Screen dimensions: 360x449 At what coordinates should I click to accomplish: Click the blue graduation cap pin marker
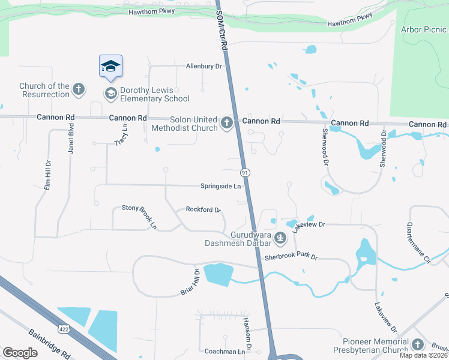coord(110,65)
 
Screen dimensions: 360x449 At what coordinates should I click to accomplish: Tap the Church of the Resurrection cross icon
coord(79,91)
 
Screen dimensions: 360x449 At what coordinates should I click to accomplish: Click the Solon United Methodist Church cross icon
coord(226,124)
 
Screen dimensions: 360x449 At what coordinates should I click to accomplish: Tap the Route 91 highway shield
coord(245,173)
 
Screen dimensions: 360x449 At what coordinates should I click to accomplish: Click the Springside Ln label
coord(220,187)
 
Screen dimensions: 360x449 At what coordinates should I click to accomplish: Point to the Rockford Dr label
coord(203,210)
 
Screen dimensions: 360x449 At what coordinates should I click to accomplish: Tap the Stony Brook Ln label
coord(139,217)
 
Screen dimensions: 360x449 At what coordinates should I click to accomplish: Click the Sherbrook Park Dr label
coord(291,257)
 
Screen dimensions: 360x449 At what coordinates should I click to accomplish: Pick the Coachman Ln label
coord(226,352)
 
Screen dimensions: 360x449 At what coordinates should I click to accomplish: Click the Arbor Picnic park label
coord(424,29)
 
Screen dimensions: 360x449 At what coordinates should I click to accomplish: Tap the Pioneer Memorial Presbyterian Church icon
coord(418,346)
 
